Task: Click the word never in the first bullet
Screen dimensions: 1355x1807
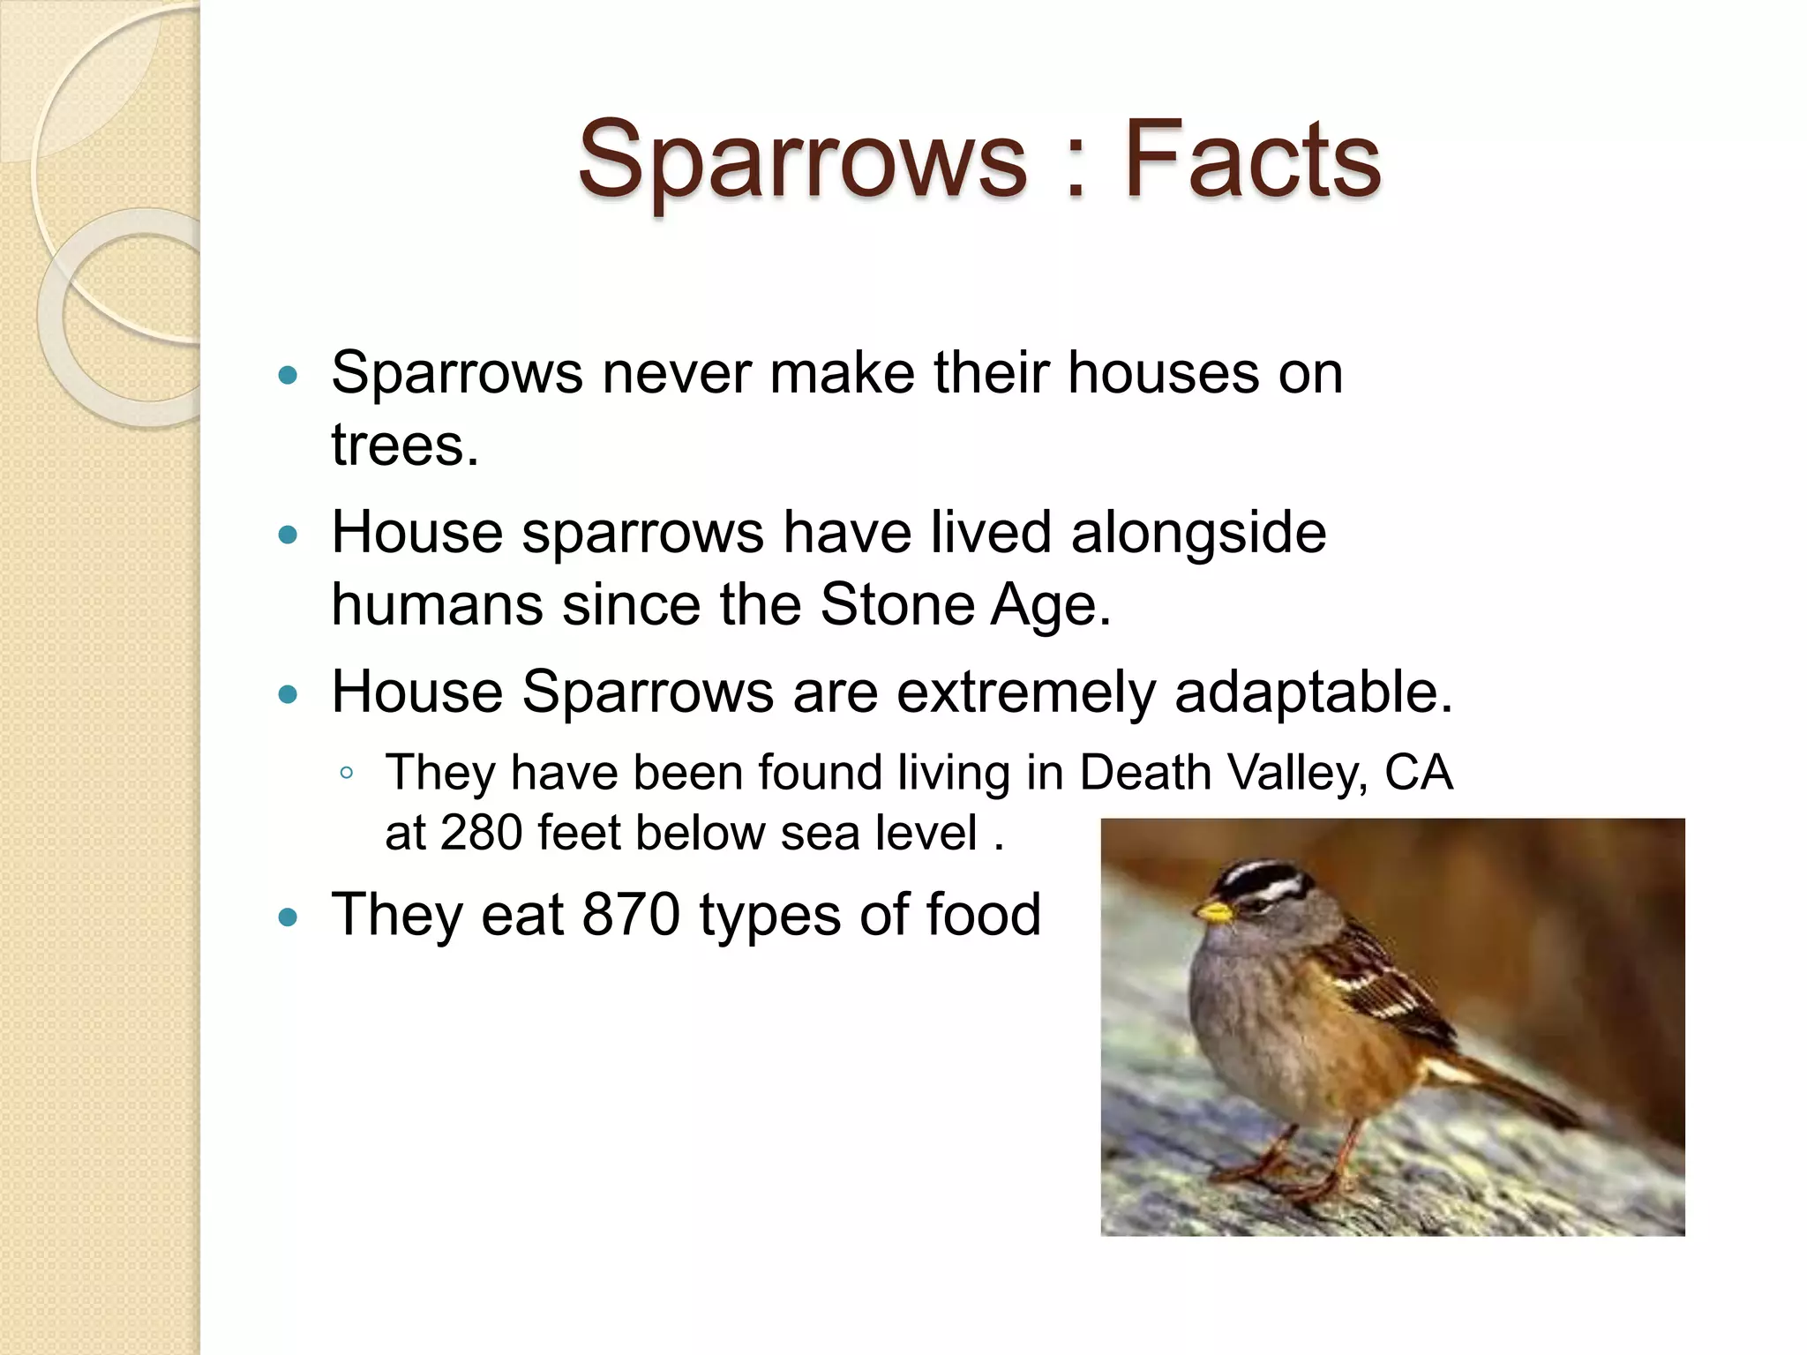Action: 677,373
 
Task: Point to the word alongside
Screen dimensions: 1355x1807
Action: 1198,534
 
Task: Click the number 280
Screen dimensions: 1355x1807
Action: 481,833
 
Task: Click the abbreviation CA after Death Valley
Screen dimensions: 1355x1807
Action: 1418,773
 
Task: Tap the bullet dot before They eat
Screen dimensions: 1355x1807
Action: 288,917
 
